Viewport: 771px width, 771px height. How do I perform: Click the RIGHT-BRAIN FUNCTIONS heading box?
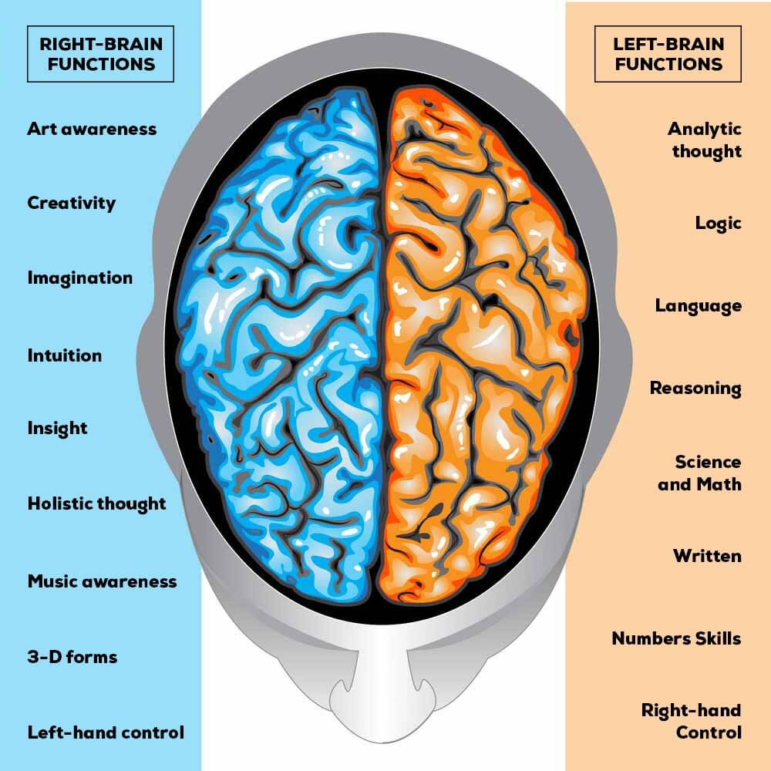click(x=100, y=54)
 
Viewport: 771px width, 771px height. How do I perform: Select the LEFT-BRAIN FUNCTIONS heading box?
click(x=668, y=54)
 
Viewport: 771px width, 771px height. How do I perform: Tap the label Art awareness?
click(x=92, y=129)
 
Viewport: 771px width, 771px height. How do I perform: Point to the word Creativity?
click(x=72, y=203)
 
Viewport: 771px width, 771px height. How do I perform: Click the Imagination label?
click(x=80, y=278)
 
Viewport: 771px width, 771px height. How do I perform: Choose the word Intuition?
click(x=65, y=355)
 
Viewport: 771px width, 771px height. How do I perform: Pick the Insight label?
click(x=58, y=428)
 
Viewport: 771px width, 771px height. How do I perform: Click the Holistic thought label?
click(x=97, y=504)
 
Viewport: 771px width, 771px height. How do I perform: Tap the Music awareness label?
click(x=103, y=581)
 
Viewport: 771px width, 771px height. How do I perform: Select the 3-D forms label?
click(x=72, y=657)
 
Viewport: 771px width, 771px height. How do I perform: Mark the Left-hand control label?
click(x=106, y=732)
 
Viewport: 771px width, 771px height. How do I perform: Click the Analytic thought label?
click(x=705, y=140)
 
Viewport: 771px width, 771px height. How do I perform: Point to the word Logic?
click(x=719, y=224)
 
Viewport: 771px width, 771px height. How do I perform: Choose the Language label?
click(x=699, y=306)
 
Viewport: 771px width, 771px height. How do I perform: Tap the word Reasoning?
click(x=695, y=389)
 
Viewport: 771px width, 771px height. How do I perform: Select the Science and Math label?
click(x=700, y=473)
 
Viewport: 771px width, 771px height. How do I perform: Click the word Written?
click(x=708, y=556)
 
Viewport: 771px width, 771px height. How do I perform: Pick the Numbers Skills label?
click(x=677, y=638)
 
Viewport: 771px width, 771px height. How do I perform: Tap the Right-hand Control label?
click(x=692, y=722)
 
